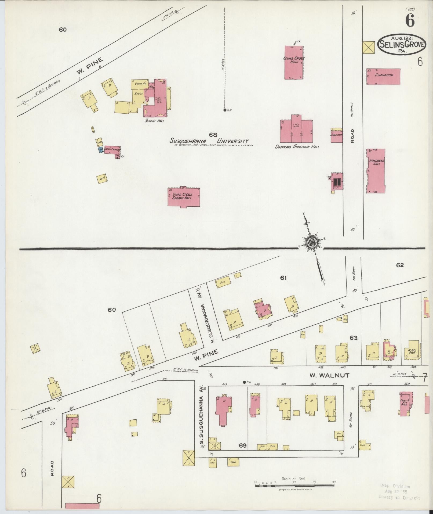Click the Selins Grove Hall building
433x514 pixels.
[294, 62]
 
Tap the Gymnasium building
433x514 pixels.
[383, 76]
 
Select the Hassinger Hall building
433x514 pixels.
[376, 171]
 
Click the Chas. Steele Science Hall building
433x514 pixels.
[184, 197]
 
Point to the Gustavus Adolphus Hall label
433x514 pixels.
[297, 147]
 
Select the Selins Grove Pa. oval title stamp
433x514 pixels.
[402, 44]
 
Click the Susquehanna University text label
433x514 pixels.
[209, 141]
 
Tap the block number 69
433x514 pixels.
[243, 445]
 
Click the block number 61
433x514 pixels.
[283, 278]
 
